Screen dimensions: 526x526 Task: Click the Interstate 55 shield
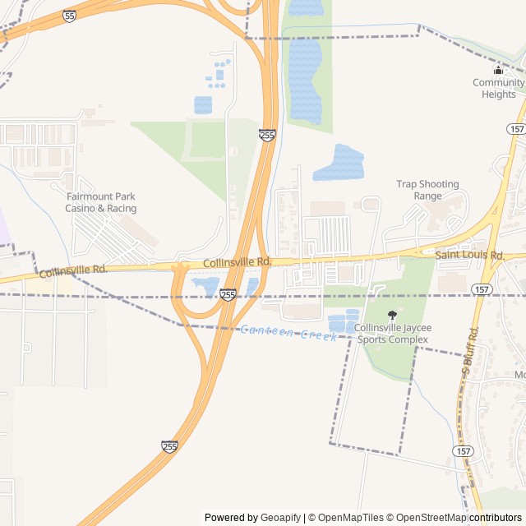69,16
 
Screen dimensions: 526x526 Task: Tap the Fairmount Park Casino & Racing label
101,202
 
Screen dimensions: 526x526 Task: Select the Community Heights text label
499,88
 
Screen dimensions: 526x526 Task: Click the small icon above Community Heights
498,70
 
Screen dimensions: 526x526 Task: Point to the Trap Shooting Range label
427,190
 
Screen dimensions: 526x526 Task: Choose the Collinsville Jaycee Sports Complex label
391,333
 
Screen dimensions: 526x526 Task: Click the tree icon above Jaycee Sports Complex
391,315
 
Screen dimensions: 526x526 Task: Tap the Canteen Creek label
288,332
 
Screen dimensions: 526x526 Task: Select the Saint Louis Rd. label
469,256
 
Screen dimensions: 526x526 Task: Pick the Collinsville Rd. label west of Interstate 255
73,270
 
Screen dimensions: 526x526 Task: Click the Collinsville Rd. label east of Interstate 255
238,261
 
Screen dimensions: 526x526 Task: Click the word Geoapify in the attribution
280,518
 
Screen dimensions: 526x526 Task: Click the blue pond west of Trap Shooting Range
338,163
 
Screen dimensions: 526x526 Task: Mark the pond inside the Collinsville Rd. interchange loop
205,287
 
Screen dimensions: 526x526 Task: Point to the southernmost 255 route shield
169,446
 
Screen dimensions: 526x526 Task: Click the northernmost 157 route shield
515,129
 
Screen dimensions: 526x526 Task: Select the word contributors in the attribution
496,518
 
